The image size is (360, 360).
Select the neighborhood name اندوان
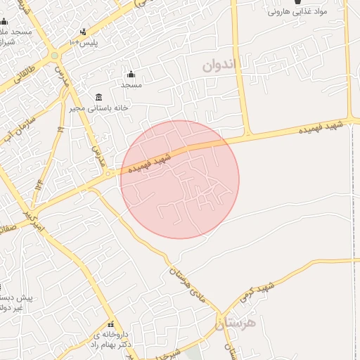point(221,65)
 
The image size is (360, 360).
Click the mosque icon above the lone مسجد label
point(131,75)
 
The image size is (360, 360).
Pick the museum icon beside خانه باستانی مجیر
point(98,97)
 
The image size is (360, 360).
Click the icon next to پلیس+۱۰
point(84,32)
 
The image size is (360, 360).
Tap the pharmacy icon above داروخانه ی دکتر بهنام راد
point(111,324)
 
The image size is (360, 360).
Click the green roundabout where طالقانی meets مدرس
point(54,55)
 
